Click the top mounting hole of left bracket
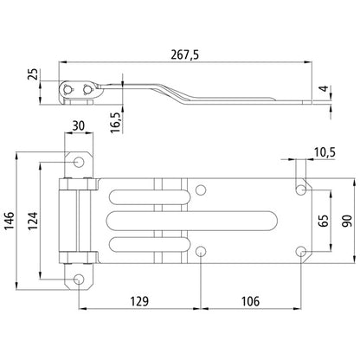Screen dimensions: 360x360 click(79, 162)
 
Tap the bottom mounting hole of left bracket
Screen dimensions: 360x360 click(79, 279)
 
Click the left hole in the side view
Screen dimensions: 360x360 click(70, 89)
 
